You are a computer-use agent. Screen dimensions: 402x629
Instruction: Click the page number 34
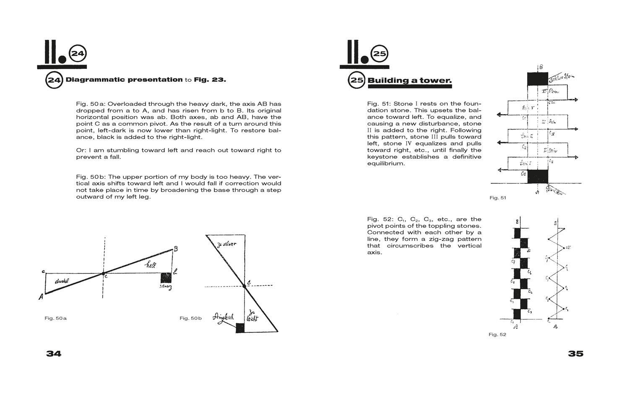click(x=54, y=354)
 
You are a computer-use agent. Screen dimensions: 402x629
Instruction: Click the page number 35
click(x=575, y=354)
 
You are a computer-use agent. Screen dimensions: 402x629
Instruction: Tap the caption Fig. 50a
click(x=55, y=318)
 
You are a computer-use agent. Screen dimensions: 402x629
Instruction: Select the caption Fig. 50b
click(x=190, y=318)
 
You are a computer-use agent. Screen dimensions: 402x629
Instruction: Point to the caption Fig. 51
click(x=498, y=198)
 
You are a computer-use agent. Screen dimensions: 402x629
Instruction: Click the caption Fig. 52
click(x=497, y=334)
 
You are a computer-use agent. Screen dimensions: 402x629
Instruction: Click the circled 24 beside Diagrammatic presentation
click(x=54, y=80)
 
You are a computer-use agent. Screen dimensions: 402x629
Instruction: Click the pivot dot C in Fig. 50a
click(x=103, y=274)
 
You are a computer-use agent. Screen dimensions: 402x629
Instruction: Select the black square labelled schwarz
click(x=166, y=278)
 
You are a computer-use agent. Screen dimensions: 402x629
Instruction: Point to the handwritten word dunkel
click(x=62, y=281)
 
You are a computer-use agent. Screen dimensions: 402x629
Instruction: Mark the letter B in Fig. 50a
click(x=176, y=248)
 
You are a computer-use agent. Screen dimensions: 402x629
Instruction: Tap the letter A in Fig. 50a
click(x=41, y=297)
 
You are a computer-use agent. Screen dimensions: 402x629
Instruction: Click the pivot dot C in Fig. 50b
click(x=244, y=286)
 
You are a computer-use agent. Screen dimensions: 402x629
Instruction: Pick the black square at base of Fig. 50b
click(x=240, y=328)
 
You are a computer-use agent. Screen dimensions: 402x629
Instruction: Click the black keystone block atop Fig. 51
click(x=537, y=79)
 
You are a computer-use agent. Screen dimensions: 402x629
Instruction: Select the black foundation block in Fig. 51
click(x=537, y=176)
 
